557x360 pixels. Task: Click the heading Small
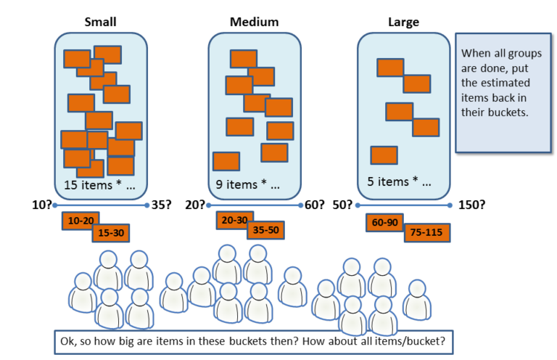pyautogui.click(x=100, y=22)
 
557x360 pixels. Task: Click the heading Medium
pyautogui.click(x=254, y=22)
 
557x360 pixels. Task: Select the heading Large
pyautogui.click(x=404, y=22)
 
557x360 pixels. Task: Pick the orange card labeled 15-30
pyautogui.click(x=111, y=233)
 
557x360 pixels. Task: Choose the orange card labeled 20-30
pyautogui.click(x=234, y=220)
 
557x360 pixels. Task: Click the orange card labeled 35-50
pyautogui.click(x=265, y=231)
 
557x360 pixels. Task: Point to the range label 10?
pyautogui.click(x=41, y=205)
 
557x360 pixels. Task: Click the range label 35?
pyautogui.click(x=161, y=205)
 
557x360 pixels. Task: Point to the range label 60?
pyautogui.click(x=314, y=205)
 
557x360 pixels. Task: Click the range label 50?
pyautogui.click(x=344, y=205)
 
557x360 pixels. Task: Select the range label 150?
pyautogui.click(x=471, y=205)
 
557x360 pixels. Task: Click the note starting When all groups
pyautogui.click(x=503, y=92)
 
